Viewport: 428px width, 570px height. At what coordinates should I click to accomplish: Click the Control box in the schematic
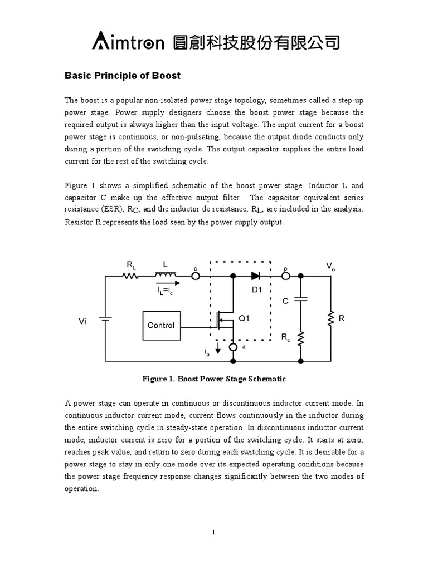(x=161, y=326)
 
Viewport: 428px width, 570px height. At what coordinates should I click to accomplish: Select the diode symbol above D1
(x=256, y=276)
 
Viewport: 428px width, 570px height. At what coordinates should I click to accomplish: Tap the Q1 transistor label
(x=245, y=319)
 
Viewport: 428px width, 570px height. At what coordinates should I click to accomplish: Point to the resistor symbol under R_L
(x=130, y=276)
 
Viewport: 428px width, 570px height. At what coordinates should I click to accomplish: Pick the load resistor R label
(x=342, y=319)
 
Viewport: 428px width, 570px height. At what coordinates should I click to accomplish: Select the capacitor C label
(x=285, y=301)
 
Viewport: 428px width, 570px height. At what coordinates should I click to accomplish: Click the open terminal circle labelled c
(x=196, y=276)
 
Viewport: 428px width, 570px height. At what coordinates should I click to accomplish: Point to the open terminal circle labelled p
(x=285, y=276)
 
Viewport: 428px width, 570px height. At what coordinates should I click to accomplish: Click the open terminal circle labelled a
(x=233, y=348)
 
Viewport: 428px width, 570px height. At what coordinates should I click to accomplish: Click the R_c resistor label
(x=285, y=338)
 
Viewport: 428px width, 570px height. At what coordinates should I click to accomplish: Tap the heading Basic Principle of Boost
(x=123, y=76)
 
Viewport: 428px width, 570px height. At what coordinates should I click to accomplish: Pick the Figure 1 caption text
(x=214, y=379)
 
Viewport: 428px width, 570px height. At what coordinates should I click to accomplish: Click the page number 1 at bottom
(x=213, y=533)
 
